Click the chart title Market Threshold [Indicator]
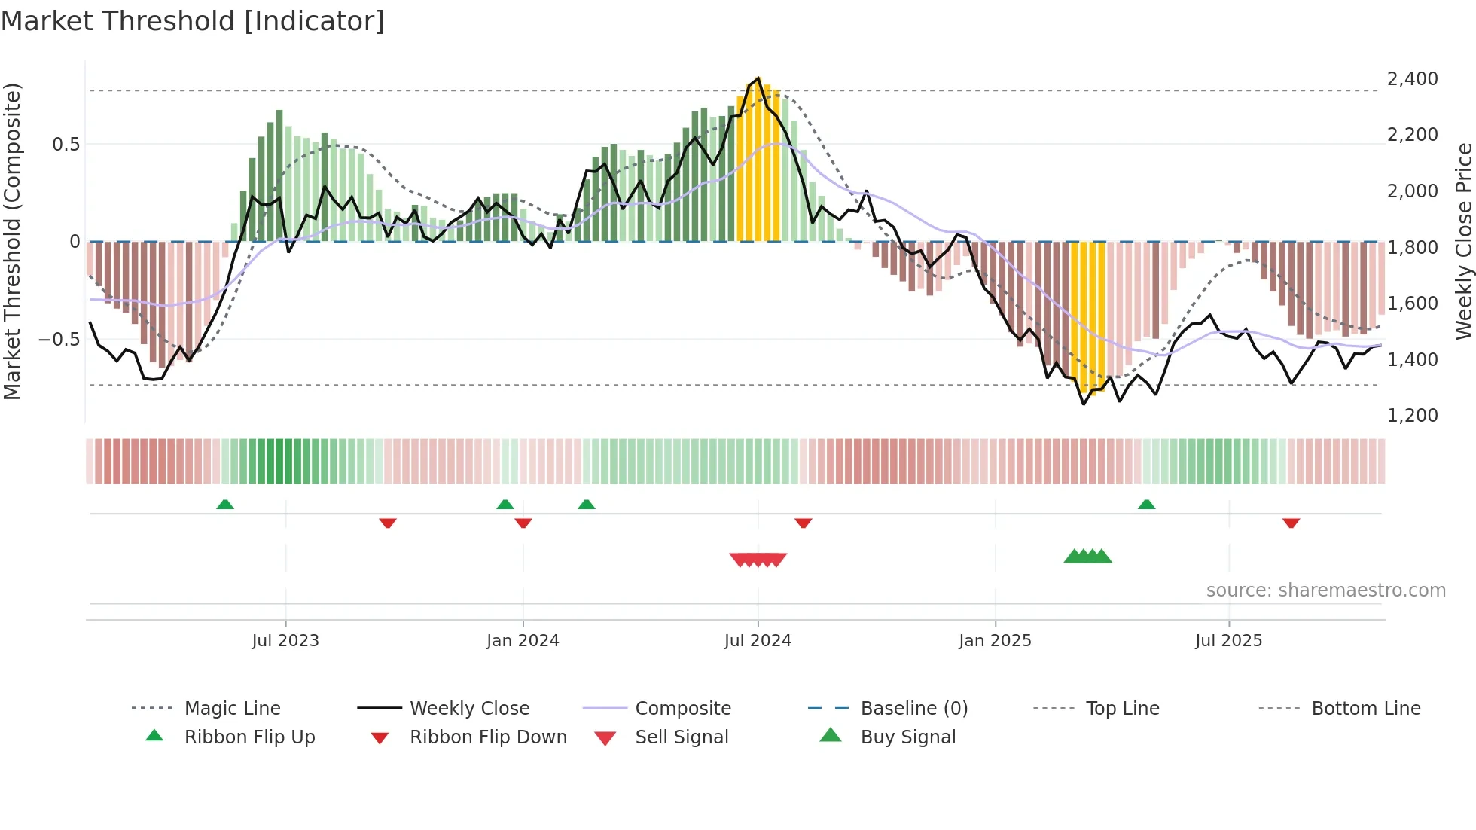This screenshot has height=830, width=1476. click(193, 21)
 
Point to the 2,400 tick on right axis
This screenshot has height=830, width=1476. click(1412, 79)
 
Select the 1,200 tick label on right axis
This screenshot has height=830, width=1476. click(1412, 416)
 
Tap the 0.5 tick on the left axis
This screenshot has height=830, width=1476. click(66, 145)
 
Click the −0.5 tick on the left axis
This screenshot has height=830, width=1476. click(59, 340)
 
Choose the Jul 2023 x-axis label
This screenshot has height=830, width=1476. click(285, 641)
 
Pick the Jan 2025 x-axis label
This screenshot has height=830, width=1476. click(995, 641)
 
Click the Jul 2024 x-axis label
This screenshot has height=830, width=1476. click(758, 641)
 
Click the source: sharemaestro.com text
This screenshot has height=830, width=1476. click(1325, 590)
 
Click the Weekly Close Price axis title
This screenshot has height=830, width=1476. click(1463, 241)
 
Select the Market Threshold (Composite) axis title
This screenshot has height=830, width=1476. click(12, 241)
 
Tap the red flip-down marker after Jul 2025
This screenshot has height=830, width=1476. click(1291, 523)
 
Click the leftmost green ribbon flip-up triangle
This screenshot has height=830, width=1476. click(224, 504)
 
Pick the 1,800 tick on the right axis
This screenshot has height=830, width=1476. click(1412, 248)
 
